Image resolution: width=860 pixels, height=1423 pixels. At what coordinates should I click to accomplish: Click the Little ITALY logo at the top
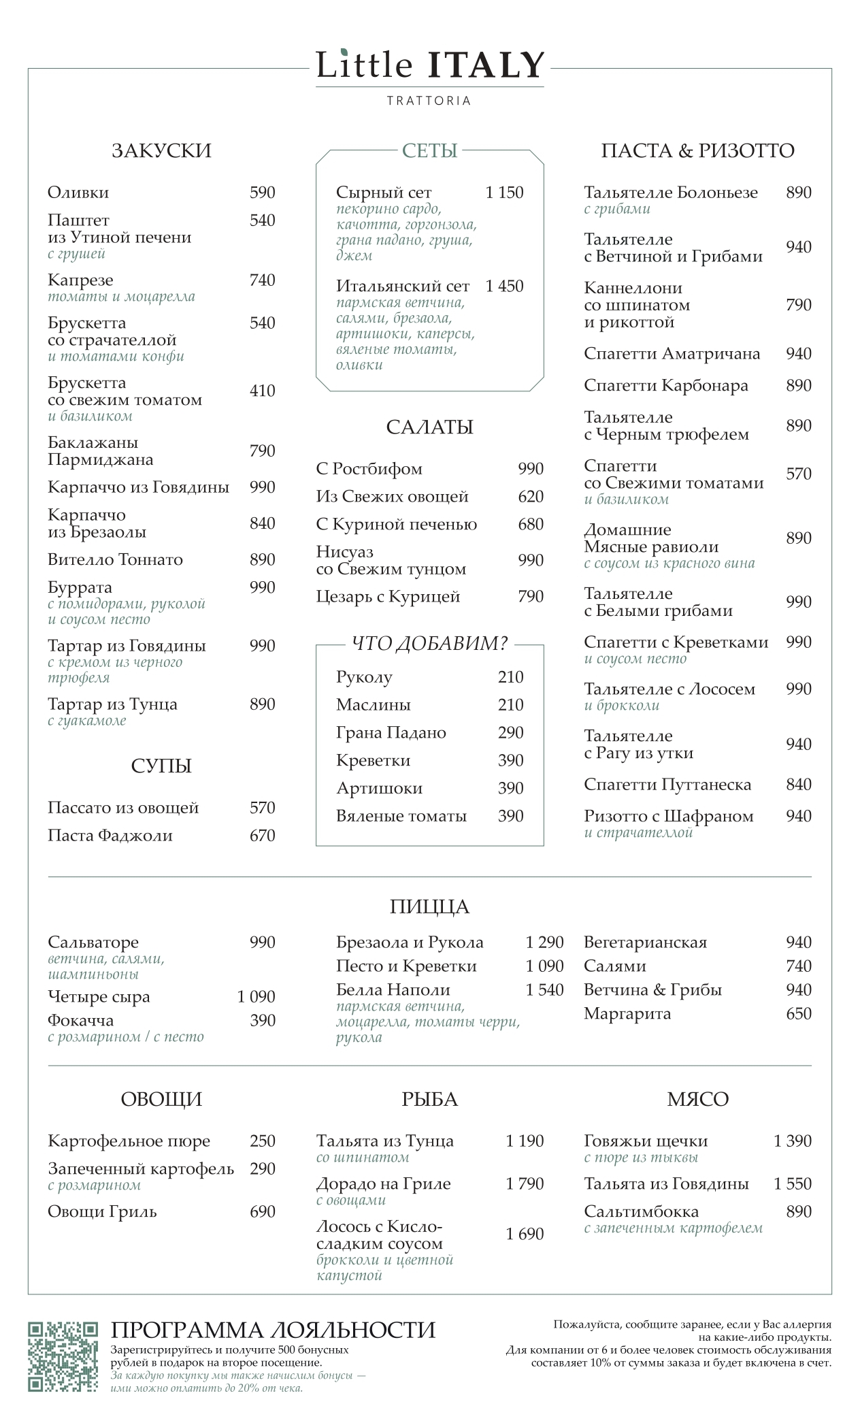point(429,65)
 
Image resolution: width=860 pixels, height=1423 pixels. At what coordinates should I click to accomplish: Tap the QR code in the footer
point(63,1356)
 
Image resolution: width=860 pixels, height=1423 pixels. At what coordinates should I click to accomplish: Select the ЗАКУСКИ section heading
point(161,150)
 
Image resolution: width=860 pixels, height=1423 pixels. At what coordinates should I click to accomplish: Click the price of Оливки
point(262,193)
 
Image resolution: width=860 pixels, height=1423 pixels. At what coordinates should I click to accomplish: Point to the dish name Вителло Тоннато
point(115,559)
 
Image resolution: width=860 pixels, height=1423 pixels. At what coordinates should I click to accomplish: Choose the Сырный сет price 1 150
point(504,193)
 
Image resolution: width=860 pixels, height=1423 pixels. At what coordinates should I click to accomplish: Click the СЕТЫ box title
point(429,150)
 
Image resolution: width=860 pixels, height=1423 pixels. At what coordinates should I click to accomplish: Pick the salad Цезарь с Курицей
point(388,597)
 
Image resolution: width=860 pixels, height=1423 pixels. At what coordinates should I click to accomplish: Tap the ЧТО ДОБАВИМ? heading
point(429,643)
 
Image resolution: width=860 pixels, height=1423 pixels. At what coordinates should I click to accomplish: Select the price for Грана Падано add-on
point(510,733)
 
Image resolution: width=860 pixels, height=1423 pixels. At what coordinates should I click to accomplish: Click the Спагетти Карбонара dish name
point(665,385)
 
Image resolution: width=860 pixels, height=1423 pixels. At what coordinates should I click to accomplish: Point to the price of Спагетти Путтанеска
point(798,785)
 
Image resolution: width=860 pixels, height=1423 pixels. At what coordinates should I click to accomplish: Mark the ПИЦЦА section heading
point(429,906)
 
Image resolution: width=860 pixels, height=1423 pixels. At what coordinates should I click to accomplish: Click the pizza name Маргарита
point(627,1013)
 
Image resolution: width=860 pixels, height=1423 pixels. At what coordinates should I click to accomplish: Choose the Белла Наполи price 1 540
point(544,989)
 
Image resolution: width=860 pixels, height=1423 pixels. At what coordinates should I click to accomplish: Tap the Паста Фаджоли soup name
point(110,836)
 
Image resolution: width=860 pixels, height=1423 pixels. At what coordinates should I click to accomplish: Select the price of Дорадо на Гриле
point(525,1183)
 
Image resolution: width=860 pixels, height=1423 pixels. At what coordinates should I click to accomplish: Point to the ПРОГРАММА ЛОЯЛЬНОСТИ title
point(273,1330)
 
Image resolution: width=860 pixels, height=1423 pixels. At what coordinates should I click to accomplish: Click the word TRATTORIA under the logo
point(429,101)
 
